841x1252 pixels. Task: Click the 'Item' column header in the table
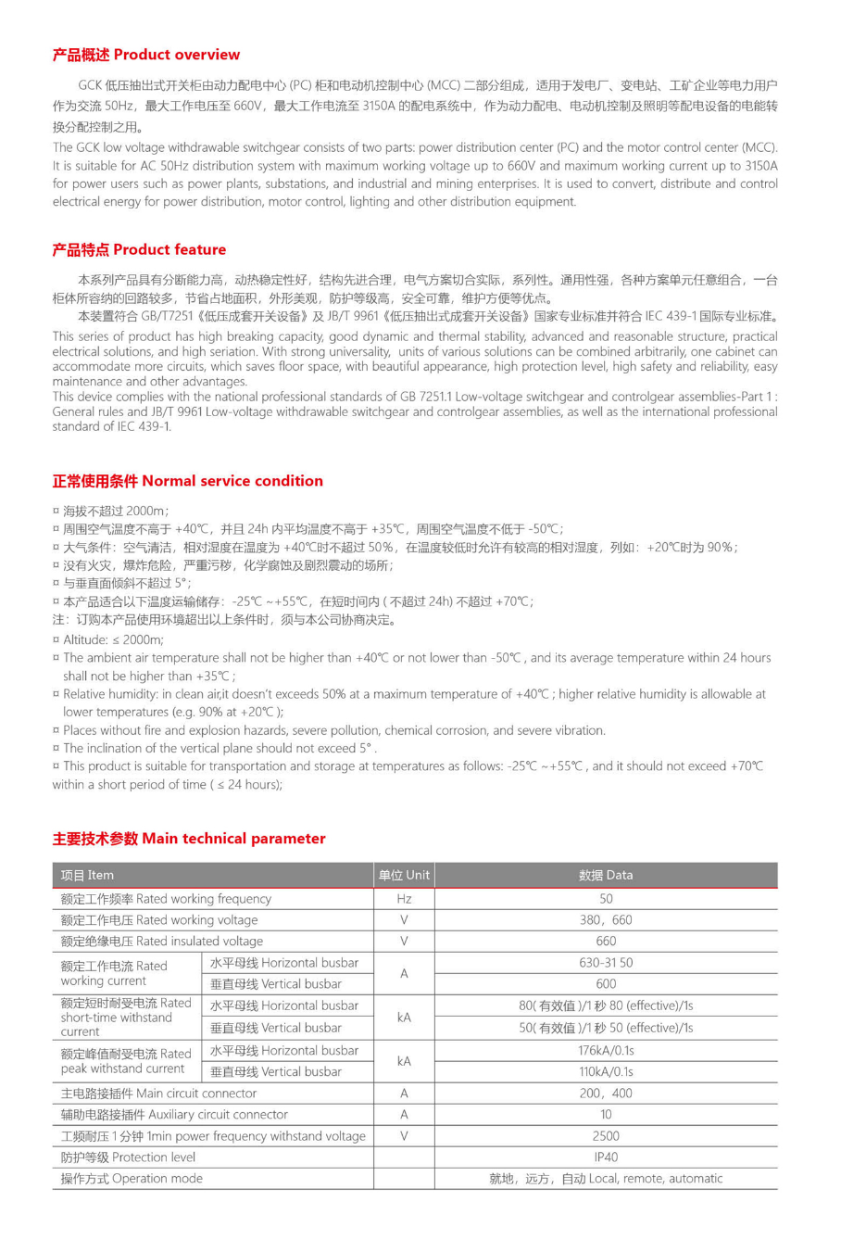tap(88, 875)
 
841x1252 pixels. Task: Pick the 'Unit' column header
tap(404, 875)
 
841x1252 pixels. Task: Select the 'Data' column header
tap(606, 875)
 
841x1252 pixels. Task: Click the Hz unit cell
tap(404, 899)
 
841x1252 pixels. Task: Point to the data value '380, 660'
tap(606, 920)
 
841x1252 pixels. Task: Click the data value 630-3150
tap(606, 963)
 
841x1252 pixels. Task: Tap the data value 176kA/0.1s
tap(606, 1050)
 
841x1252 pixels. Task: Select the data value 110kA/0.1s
tap(606, 1071)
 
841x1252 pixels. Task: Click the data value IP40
tap(606, 1157)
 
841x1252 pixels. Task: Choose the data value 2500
tap(606, 1136)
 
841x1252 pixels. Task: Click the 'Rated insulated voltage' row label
tap(162, 942)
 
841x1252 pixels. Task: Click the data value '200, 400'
tap(606, 1094)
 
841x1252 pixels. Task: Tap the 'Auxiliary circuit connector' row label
tap(174, 1115)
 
